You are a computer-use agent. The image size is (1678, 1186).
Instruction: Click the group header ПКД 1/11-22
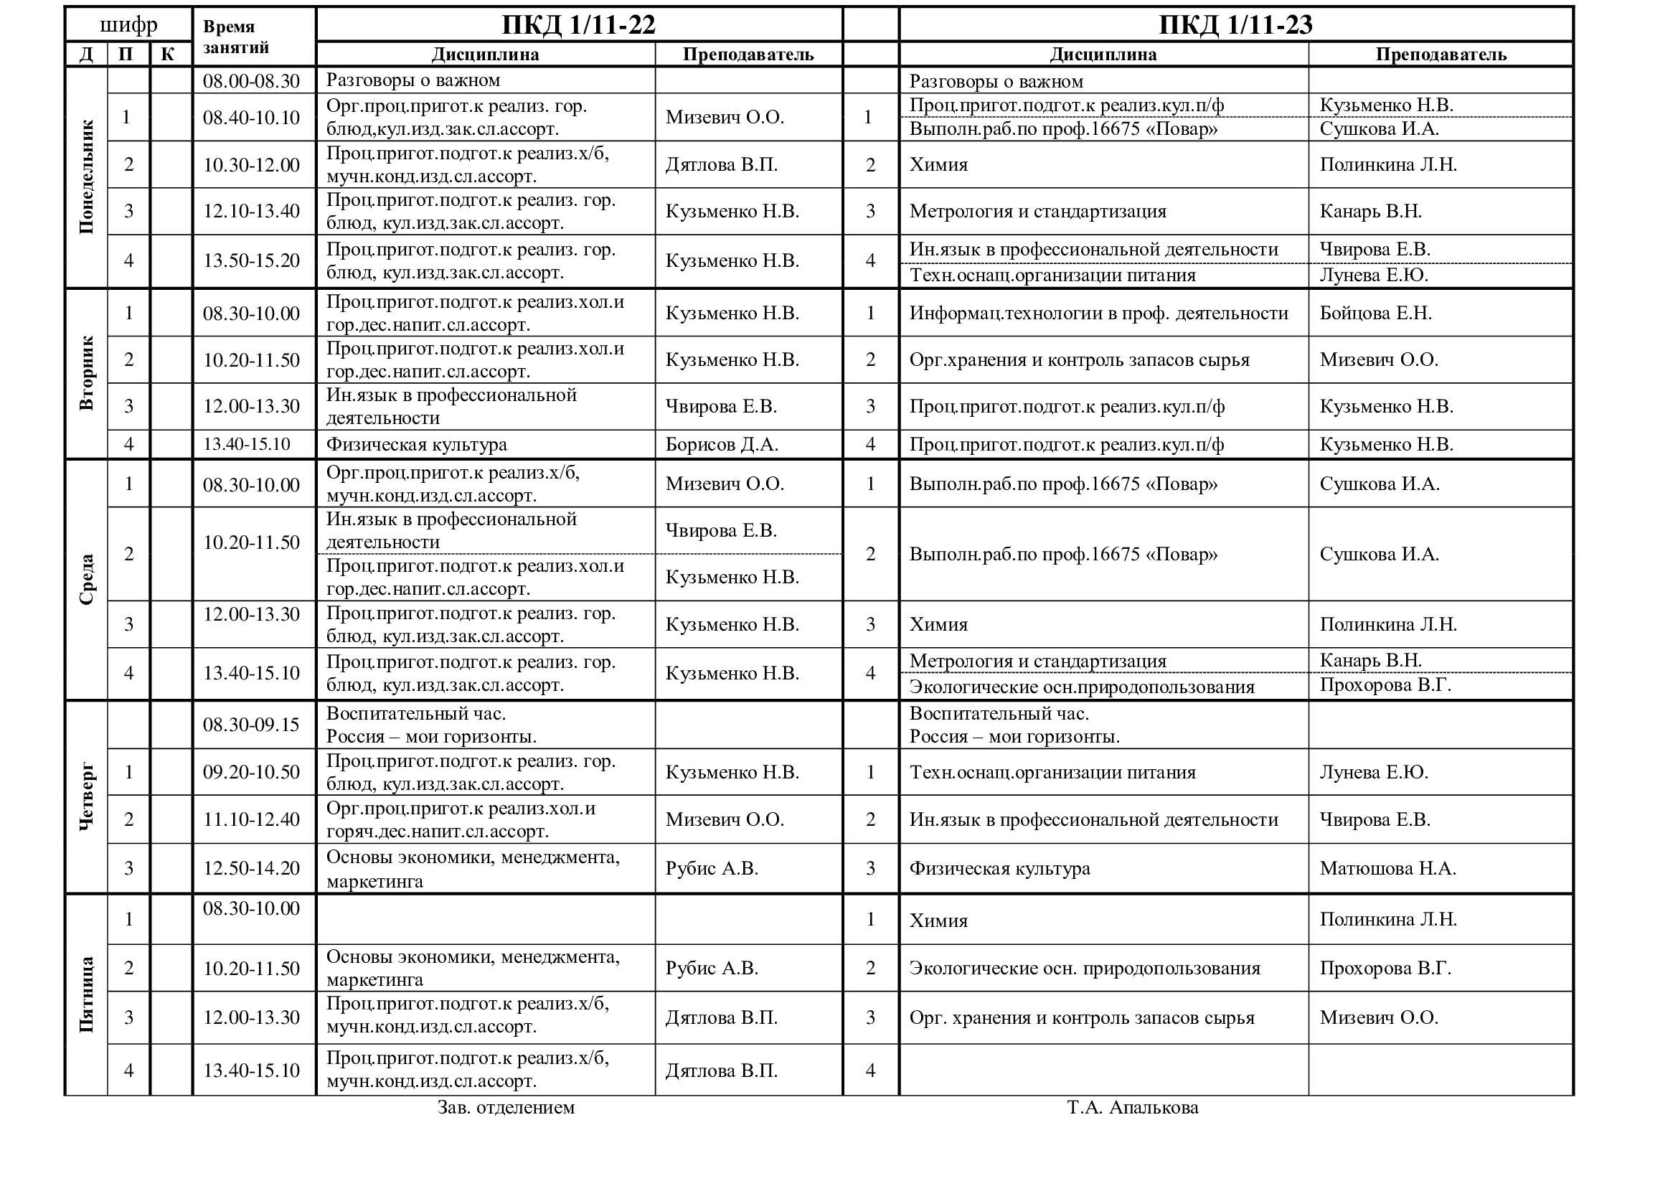tap(578, 25)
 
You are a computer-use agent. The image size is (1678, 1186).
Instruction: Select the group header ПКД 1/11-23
tap(1235, 25)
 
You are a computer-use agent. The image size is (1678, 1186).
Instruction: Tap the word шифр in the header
tap(128, 25)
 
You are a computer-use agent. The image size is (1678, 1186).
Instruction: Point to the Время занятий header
tap(235, 37)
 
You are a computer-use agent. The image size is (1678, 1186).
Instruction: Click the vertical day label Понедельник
tap(86, 177)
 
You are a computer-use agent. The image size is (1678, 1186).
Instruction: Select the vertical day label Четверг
tap(86, 796)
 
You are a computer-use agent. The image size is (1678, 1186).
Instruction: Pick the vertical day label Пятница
tap(86, 994)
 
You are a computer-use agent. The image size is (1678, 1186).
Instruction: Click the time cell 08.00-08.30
tap(251, 80)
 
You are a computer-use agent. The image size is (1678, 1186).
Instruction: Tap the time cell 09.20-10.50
tap(251, 772)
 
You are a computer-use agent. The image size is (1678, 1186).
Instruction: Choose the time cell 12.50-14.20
tap(251, 868)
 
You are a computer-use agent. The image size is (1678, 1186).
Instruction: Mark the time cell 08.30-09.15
tap(251, 724)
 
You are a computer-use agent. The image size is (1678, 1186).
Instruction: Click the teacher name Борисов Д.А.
tap(721, 444)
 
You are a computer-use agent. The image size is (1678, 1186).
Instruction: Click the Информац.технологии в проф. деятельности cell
tap(1098, 313)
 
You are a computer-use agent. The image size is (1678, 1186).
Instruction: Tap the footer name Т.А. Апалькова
tap(1132, 1107)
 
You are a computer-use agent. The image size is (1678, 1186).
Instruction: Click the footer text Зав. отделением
tap(506, 1107)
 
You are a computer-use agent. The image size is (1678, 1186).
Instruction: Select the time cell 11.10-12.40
tap(251, 819)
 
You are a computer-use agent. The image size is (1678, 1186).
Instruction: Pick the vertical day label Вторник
tap(86, 373)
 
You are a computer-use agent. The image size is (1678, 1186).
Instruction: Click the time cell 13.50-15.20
tap(251, 260)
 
